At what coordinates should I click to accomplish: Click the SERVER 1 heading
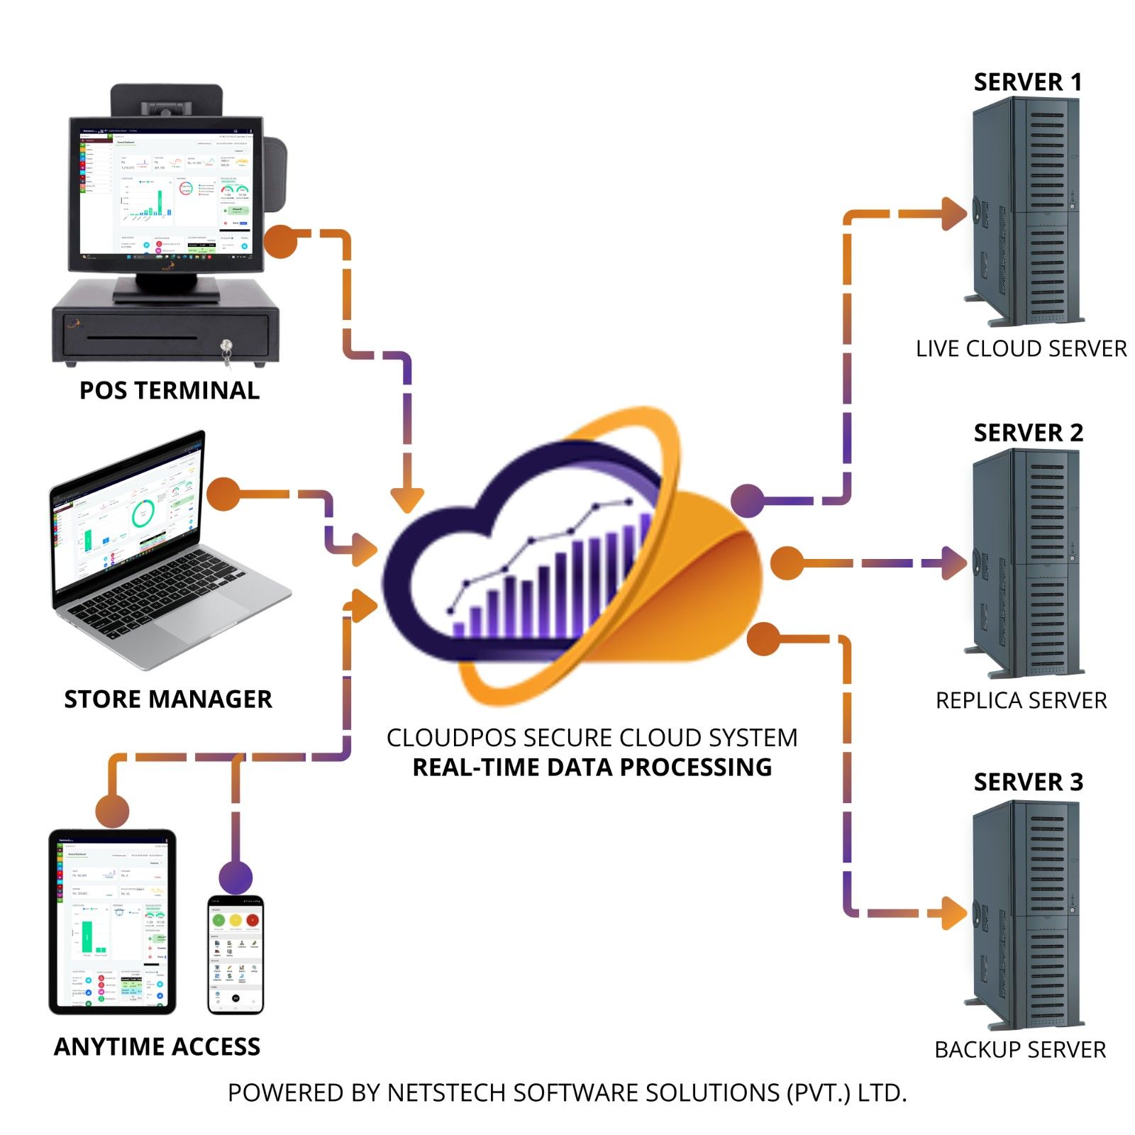(x=1027, y=82)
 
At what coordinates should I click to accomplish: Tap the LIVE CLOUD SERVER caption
(x=1020, y=348)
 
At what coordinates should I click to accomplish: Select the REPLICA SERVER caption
(x=1020, y=700)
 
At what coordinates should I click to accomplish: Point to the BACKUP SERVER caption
(x=1019, y=1049)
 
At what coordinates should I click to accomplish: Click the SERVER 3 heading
(x=1028, y=782)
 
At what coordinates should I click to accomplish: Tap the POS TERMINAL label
(x=169, y=390)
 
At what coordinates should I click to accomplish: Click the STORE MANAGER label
(x=168, y=699)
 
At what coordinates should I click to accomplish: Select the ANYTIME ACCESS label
(x=157, y=1046)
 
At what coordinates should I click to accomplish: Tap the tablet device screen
(x=112, y=922)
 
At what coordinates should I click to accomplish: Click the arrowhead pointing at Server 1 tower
(x=953, y=213)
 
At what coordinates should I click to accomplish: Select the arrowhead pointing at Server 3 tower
(x=953, y=912)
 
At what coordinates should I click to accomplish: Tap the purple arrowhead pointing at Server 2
(x=953, y=563)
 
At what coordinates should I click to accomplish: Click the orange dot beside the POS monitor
(x=281, y=241)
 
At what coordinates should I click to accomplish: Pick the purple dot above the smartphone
(x=236, y=877)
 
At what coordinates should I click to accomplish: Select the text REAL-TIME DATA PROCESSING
(x=592, y=767)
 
